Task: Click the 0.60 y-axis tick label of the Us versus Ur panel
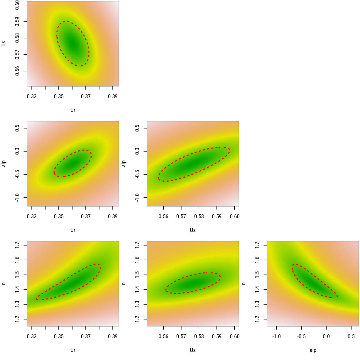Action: pos(17,5)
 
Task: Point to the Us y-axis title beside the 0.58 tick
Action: pos(3,43)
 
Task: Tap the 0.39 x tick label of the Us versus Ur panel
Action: pos(113,96)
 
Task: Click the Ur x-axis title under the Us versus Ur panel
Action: pos(73,110)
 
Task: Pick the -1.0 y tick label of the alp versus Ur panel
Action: pos(17,197)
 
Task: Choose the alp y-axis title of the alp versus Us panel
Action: pos(124,163)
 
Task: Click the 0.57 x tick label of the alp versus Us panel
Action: pos(181,216)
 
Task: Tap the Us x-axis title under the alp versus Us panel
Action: pos(193,230)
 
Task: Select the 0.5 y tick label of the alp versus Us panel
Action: pos(137,128)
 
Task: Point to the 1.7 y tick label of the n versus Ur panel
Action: pos(17,245)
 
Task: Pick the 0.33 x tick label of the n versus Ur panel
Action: pos(32,336)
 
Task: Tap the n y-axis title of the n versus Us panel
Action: pos(124,283)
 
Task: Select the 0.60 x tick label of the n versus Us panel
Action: pos(235,336)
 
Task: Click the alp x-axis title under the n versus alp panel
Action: pos(313,350)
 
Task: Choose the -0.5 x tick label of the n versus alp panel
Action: pos(301,336)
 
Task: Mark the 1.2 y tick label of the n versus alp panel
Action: pos(257,319)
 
